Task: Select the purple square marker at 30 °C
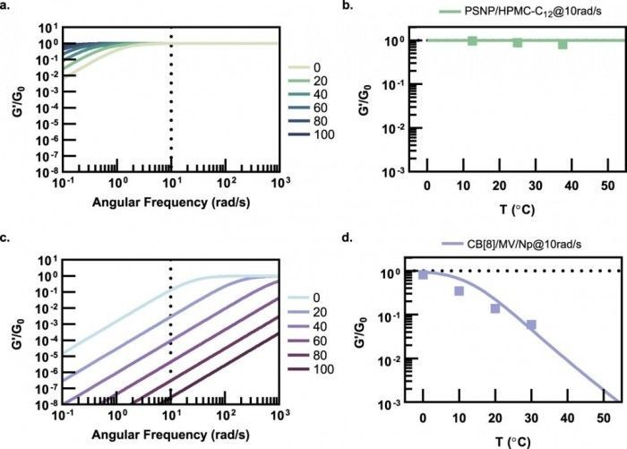(530, 324)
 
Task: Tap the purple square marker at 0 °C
(423, 274)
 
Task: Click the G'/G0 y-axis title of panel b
(356, 82)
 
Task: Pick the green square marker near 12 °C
(472, 40)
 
